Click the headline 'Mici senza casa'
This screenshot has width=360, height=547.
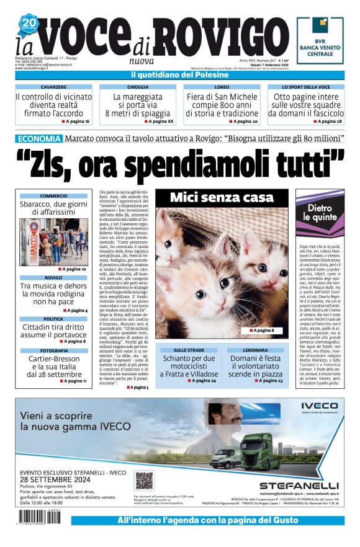tap(222, 198)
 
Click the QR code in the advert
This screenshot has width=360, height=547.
tap(144, 481)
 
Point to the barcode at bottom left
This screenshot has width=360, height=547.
tap(39, 514)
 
